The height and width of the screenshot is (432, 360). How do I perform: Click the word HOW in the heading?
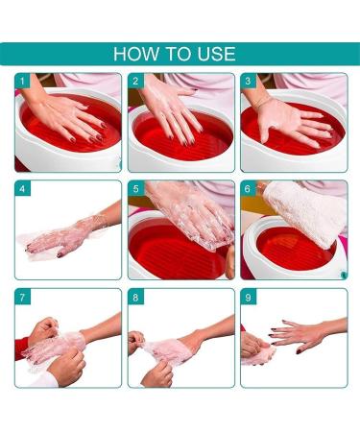tap(134, 53)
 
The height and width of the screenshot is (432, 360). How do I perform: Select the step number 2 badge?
tap(135, 82)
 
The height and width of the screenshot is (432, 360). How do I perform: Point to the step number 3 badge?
tap(248, 82)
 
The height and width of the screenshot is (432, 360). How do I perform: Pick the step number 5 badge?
tap(135, 189)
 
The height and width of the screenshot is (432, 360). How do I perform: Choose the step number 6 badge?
tap(248, 189)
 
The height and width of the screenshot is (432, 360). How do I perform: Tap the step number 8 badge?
tap(135, 298)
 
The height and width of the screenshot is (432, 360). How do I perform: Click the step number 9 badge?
tap(248, 298)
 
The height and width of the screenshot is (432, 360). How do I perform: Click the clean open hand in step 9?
tap(302, 336)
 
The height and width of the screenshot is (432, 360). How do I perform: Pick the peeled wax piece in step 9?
tap(257, 358)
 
